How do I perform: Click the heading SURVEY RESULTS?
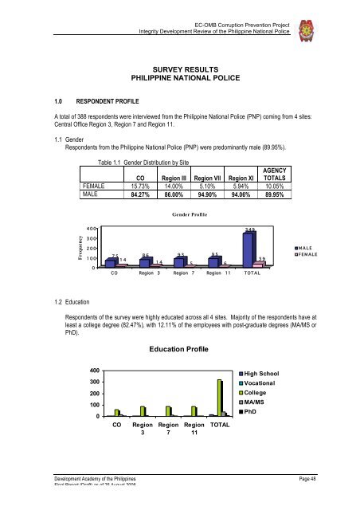[x=179, y=69]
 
